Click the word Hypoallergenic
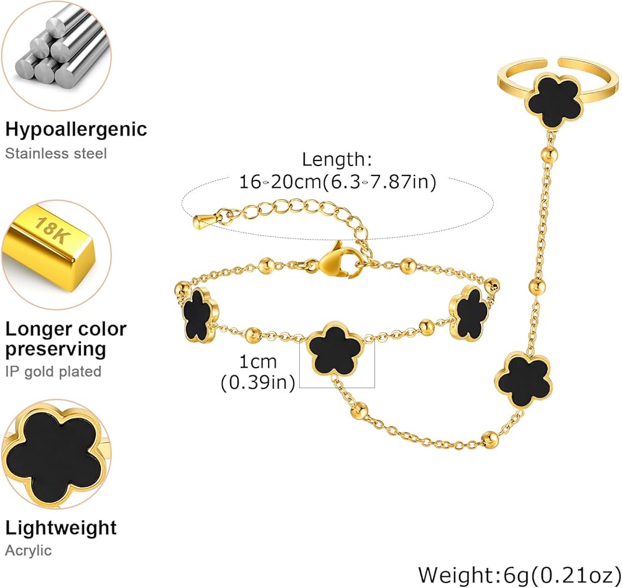pyautogui.click(x=76, y=130)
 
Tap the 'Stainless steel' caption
pyautogui.click(x=56, y=154)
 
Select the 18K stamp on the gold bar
pyautogui.click(x=52, y=230)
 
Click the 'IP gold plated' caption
pyautogui.click(x=53, y=371)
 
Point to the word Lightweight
pyautogui.click(x=61, y=529)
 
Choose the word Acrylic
pyautogui.click(x=28, y=551)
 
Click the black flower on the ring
pyautogui.click(x=555, y=101)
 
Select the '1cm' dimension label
pyautogui.click(x=258, y=362)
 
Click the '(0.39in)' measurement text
pyautogui.click(x=258, y=383)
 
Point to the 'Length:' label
pyautogui.click(x=337, y=159)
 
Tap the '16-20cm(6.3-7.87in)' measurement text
pyautogui.click(x=338, y=182)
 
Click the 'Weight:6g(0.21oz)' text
pyautogui.click(x=519, y=574)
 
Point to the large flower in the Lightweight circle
pyautogui.click(x=55, y=455)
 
